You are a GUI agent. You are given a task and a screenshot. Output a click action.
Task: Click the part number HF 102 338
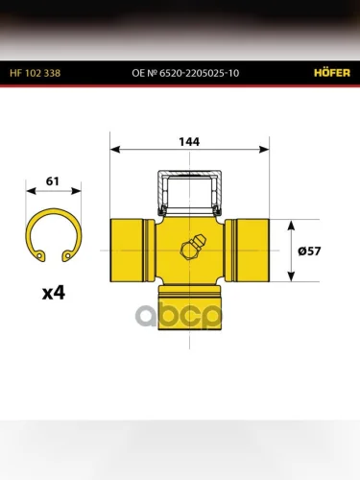(35, 73)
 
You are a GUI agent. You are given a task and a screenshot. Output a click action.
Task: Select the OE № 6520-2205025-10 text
(185, 73)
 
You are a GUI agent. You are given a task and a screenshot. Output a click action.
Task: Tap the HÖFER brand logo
(332, 73)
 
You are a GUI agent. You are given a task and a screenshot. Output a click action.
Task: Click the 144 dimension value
(189, 142)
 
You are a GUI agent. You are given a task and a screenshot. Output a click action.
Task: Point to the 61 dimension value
(53, 181)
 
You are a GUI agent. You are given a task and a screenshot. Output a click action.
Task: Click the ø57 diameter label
(309, 251)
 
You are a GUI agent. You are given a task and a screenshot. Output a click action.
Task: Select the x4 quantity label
(54, 293)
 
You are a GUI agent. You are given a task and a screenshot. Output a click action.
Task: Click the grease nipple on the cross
(193, 247)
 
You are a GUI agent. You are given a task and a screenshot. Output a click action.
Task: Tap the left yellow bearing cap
(132, 251)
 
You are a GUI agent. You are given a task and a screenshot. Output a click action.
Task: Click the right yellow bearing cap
(247, 251)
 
